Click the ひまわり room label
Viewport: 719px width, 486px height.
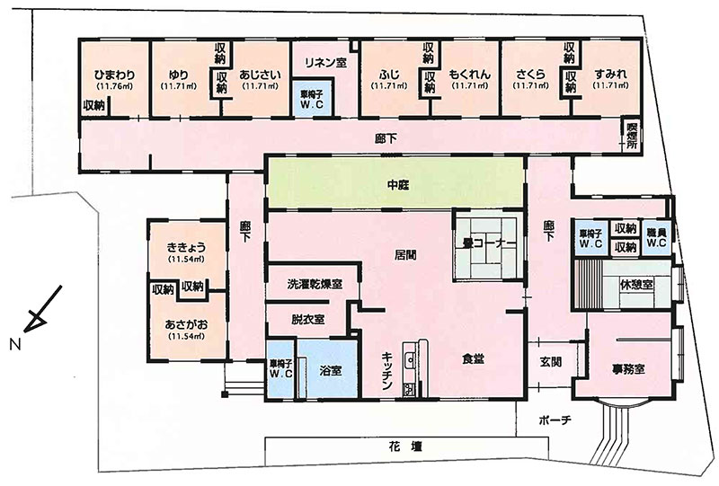point(115,75)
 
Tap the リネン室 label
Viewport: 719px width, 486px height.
point(325,62)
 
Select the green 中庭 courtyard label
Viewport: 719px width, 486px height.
point(397,185)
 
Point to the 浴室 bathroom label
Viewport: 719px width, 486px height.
point(331,370)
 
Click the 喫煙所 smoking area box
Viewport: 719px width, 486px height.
point(632,136)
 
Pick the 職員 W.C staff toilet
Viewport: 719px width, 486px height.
point(657,237)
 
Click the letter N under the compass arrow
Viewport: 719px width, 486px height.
point(15,344)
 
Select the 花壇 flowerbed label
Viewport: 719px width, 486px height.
point(404,446)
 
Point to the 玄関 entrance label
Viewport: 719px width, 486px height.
point(550,362)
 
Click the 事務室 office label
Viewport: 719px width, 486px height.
point(628,368)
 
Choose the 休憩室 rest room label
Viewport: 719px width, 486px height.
point(636,284)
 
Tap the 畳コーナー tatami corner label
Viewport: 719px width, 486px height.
point(486,243)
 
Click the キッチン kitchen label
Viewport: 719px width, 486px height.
point(386,370)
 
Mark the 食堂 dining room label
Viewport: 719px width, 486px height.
point(473,359)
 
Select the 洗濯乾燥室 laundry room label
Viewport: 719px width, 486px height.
point(315,284)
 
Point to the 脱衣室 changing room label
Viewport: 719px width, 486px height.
point(307,319)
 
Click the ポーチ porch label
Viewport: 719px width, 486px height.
point(555,420)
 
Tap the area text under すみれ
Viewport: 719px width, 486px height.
point(610,85)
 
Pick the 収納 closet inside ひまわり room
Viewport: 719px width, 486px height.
point(94,105)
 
